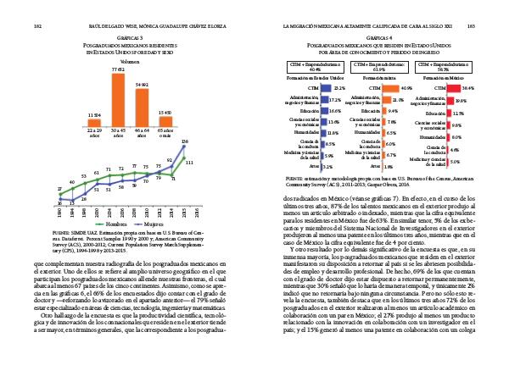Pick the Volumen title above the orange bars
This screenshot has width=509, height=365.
(130, 62)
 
